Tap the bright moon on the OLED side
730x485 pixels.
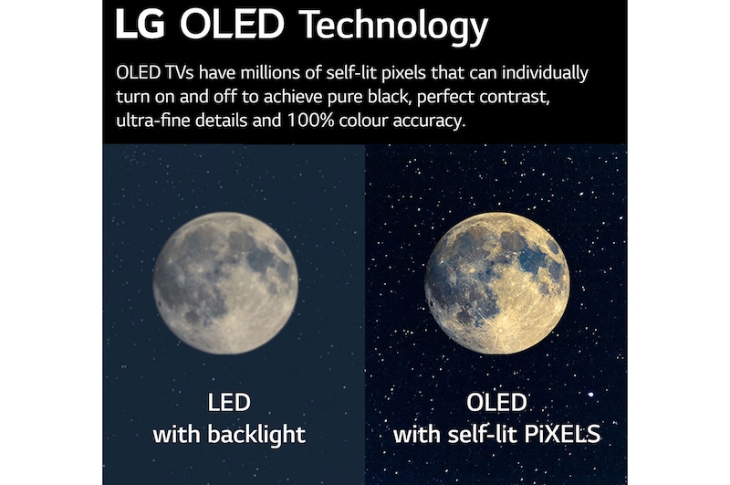click(x=496, y=283)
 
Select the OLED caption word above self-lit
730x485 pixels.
click(x=497, y=403)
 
